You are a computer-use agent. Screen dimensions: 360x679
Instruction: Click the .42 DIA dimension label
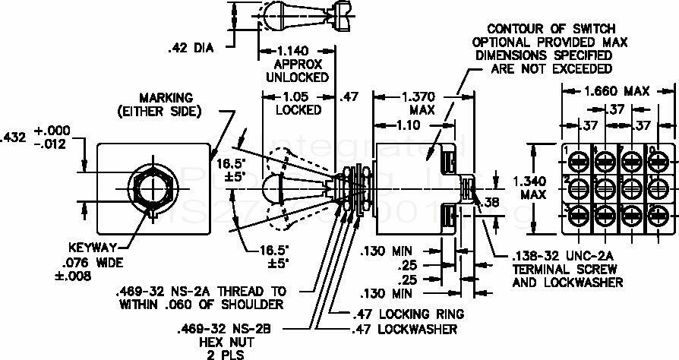(194, 48)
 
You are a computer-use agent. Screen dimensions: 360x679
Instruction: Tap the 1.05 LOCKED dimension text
(298, 103)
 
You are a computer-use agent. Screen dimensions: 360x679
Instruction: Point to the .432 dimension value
(14, 137)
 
